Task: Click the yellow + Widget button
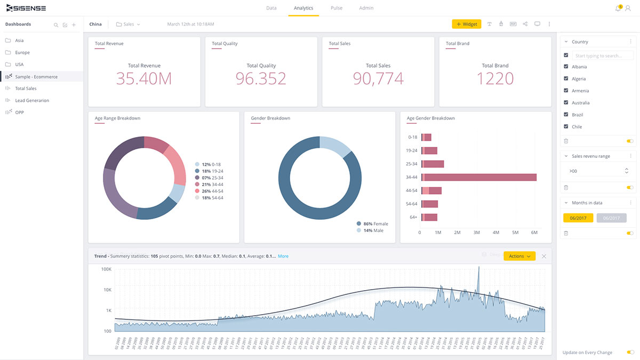coord(466,24)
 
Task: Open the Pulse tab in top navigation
coord(336,8)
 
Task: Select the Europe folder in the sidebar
coord(22,52)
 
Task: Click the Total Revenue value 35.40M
coord(144,78)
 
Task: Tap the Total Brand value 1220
coord(495,78)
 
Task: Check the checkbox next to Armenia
coord(566,91)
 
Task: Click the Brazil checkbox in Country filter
coord(566,115)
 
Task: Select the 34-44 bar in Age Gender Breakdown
coord(479,177)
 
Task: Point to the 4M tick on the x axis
coord(495,233)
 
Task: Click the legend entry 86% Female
coord(375,223)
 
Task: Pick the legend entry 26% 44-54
coord(212,191)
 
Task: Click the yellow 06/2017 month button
coord(578,218)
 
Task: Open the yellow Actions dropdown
coord(519,256)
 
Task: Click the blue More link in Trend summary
coord(283,256)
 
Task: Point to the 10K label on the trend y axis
coord(107,290)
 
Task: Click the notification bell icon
coord(618,8)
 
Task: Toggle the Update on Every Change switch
coord(630,353)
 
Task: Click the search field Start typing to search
coord(603,55)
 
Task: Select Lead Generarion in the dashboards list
coord(32,100)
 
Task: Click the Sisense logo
coord(26,8)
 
